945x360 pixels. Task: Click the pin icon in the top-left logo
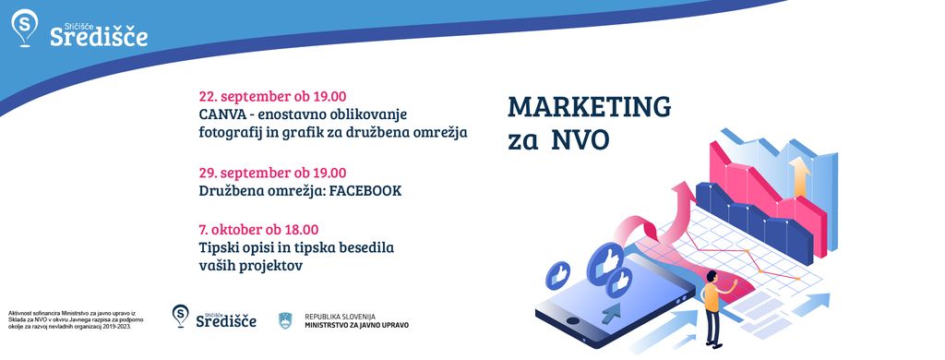point(24,27)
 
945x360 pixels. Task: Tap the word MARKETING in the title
point(590,107)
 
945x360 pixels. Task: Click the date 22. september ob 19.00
point(272,97)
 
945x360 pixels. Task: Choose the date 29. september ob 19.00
point(272,173)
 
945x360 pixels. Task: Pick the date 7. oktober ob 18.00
point(258,230)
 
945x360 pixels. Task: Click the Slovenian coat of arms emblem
point(285,321)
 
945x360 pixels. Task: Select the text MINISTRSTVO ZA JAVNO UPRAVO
point(357,325)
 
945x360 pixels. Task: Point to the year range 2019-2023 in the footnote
point(114,326)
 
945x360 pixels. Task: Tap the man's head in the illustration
point(712,277)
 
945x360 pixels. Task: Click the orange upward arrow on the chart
point(800,176)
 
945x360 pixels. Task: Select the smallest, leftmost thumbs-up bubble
point(557,275)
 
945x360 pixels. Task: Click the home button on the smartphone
point(573,321)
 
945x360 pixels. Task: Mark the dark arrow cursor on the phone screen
point(611,311)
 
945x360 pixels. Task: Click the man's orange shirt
point(712,297)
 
